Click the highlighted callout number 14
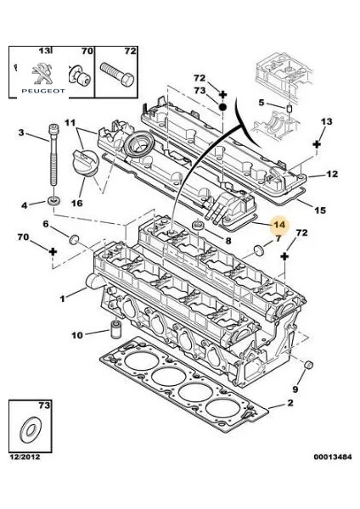point(278,225)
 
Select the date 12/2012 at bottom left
point(25,459)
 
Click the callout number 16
point(76,204)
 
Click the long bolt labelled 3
point(52,161)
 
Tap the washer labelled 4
point(53,200)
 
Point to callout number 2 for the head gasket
point(289,406)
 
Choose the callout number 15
point(319,210)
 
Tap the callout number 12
point(332,174)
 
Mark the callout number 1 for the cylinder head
point(62,298)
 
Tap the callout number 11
point(70,123)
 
